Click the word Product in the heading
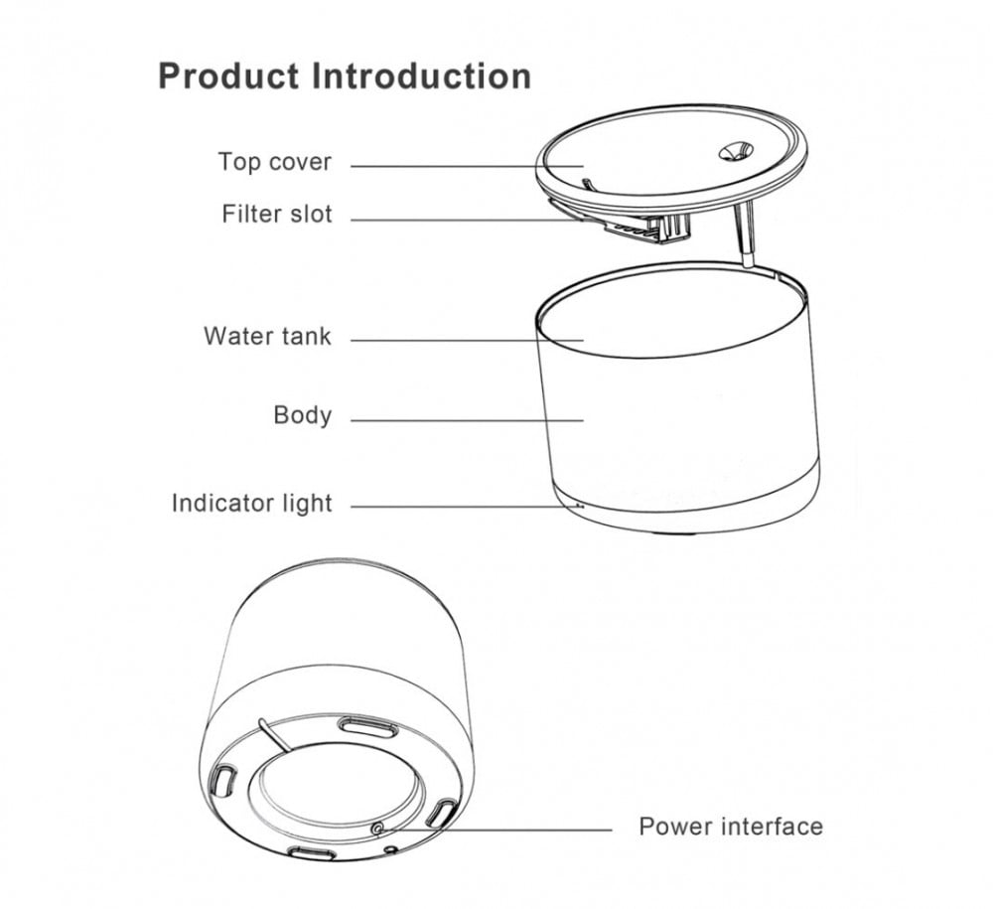(x=229, y=76)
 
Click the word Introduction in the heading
(x=422, y=76)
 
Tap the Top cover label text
(x=275, y=162)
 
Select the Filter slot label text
(x=277, y=214)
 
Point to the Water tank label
(x=267, y=336)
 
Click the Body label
(x=303, y=414)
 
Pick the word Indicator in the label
(x=217, y=503)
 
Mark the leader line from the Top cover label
(x=467, y=165)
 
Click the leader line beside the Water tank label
(x=467, y=341)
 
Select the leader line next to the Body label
(x=467, y=420)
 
